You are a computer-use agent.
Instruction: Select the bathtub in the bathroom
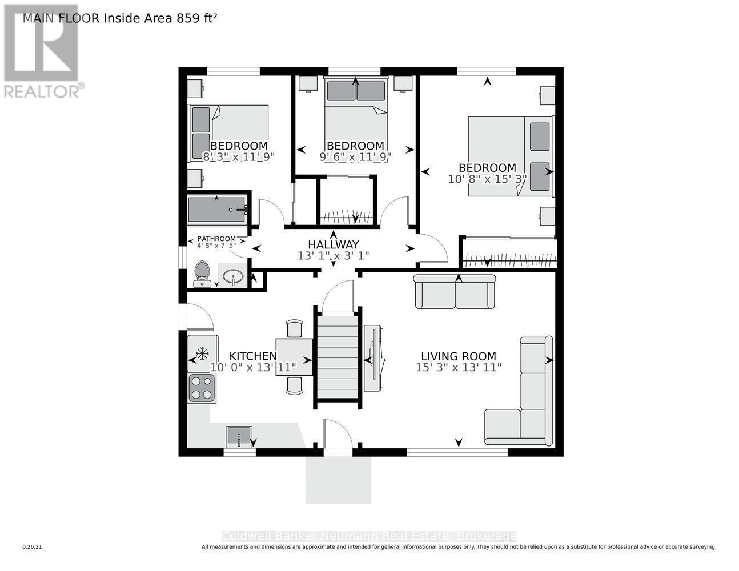coord(217,210)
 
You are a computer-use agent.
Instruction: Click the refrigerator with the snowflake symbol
coord(202,353)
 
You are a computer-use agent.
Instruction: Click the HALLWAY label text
coord(333,244)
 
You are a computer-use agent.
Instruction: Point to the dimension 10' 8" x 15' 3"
coord(487,179)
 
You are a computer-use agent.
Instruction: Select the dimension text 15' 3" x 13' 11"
coord(459,368)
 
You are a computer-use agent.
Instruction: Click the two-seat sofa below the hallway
coord(455,292)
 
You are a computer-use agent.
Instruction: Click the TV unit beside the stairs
coord(372,358)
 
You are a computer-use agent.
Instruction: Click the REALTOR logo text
coord(43,91)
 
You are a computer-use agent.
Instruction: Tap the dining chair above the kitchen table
coord(294,329)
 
